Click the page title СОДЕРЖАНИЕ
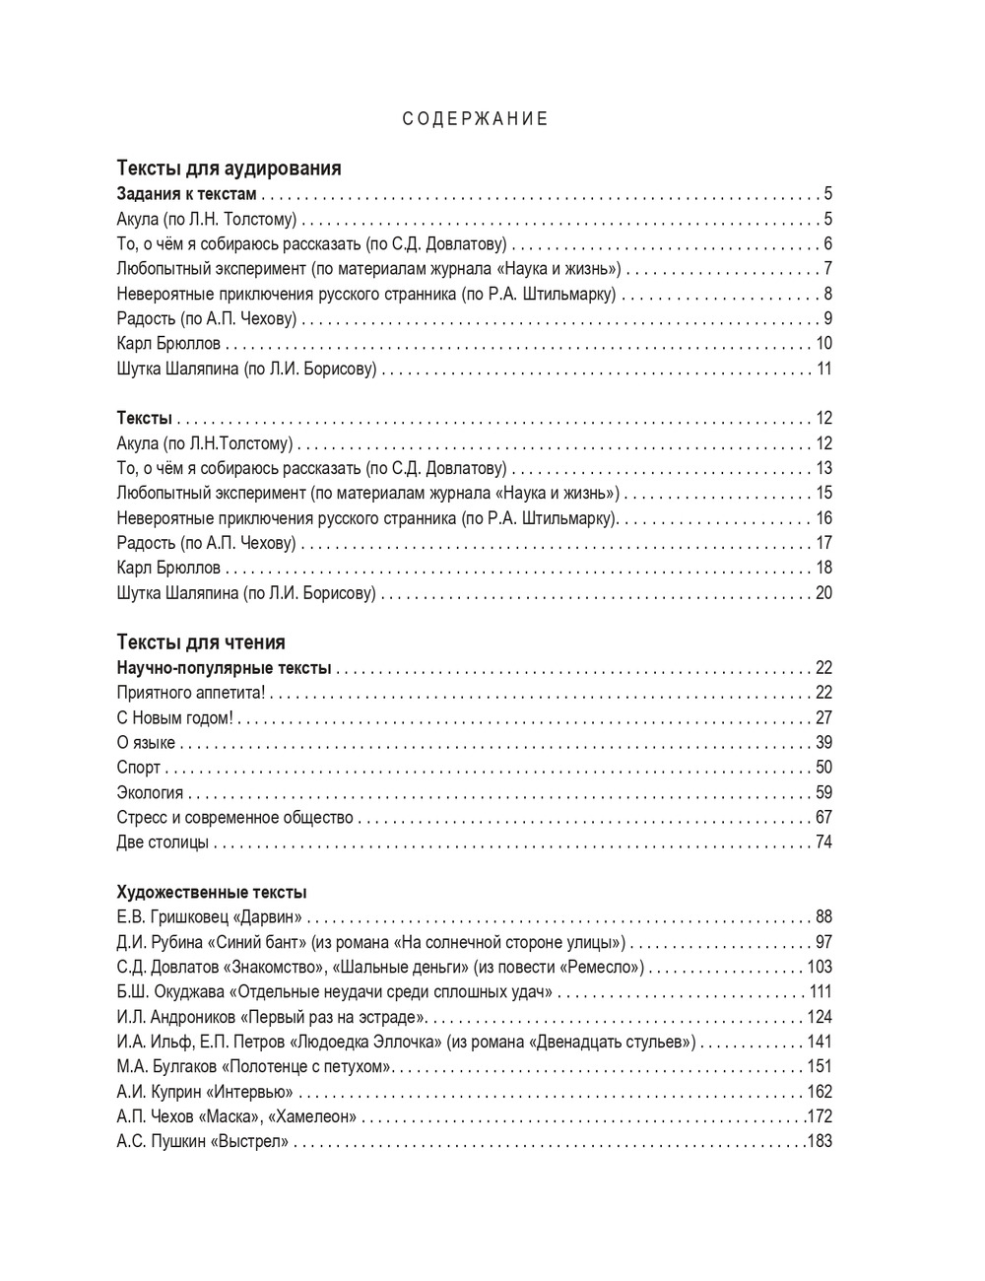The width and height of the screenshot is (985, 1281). coord(475,119)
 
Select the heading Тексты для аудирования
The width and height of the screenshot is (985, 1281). coord(229,169)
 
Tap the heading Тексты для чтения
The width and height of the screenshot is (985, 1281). coord(201,642)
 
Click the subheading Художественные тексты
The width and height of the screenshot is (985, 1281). coord(212,893)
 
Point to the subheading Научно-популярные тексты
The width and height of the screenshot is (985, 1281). coord(224,668)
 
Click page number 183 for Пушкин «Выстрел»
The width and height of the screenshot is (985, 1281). coord(820,1141)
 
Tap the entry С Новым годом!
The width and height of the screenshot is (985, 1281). coord(174,718)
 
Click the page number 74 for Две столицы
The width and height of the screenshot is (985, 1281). coord(824,843)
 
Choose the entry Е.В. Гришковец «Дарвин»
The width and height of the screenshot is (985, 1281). coord(209,917)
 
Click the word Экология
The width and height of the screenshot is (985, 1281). coord(150,793)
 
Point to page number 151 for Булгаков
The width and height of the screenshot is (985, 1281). coord(820,1066)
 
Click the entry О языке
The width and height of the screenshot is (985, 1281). coord(146,743)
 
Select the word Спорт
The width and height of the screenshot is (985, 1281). coord(139,768)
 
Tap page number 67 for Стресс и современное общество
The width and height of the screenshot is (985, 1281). coord(824,818)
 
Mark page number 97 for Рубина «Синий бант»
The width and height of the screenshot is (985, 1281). coord(824,942)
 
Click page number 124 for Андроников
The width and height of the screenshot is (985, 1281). coord(820,1017)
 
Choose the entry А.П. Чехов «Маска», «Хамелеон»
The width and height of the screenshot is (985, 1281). coord(236,1116)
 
